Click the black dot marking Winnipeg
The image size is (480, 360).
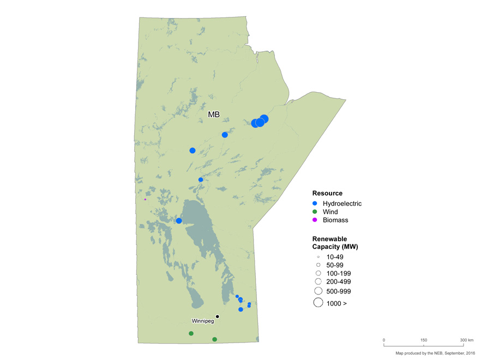click(217, 316)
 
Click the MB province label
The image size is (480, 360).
click(214, 114)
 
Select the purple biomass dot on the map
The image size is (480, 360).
click(145, 199)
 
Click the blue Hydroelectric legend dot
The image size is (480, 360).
click(315, 203)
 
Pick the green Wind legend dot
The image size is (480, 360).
click(315, 212)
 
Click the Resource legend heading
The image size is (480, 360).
click(327, 193)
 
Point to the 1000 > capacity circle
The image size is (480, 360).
click(318, 303)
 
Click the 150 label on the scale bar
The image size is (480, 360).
click(424, 340)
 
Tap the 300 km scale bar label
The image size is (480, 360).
click(466, 340)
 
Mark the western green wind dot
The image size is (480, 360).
click(191, 333)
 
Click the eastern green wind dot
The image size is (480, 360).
click(214, 339)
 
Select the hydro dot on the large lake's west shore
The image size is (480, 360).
click(179, 220)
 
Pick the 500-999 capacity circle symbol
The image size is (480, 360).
click(318, 291)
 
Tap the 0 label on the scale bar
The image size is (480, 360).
click(384, 340)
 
